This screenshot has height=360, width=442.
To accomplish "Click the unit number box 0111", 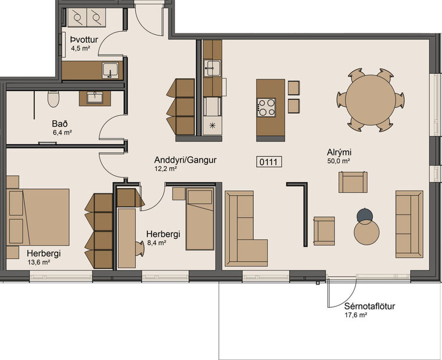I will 269,162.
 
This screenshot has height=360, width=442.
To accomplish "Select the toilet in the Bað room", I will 53,99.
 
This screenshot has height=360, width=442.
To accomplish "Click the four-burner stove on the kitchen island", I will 267,107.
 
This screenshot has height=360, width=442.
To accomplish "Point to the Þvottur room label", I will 83,39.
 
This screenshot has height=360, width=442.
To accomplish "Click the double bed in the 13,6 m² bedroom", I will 38,217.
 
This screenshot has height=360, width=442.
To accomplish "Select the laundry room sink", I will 110,71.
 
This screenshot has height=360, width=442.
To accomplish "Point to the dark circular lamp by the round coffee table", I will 365,215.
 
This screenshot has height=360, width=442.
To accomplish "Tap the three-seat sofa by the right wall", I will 409,224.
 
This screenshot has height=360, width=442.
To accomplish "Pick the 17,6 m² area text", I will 355,315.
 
